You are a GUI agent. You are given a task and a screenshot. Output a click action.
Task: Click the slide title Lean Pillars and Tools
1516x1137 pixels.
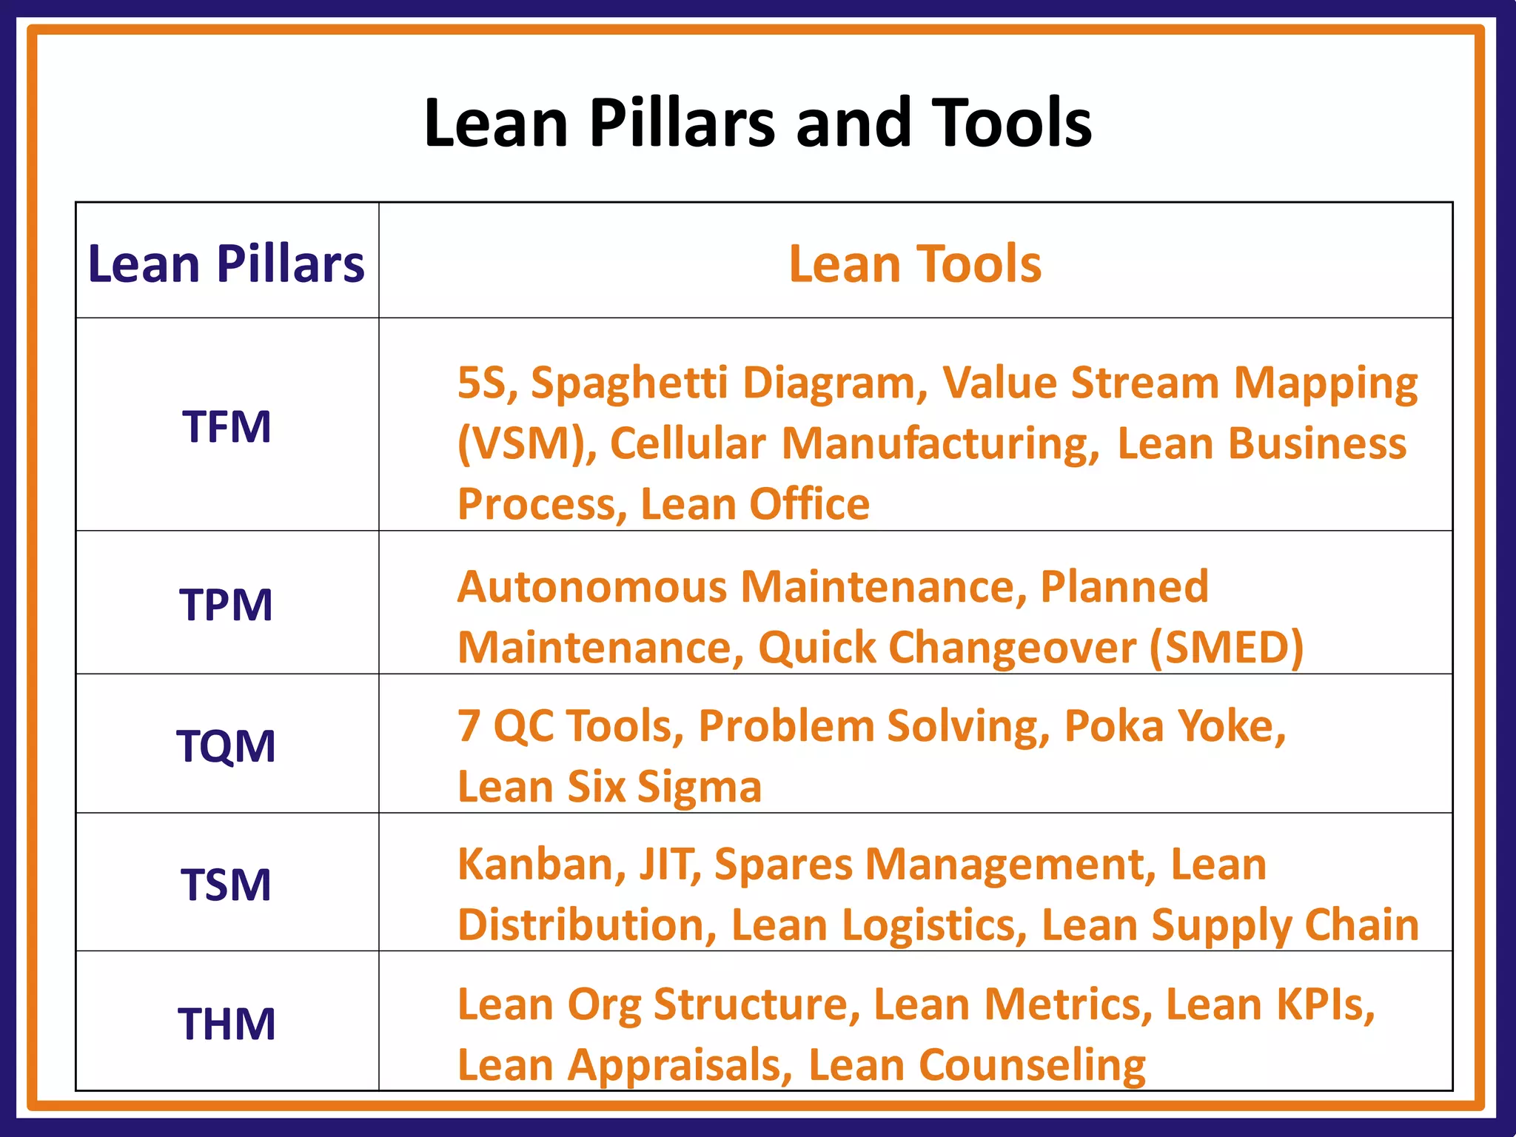pos(757,123)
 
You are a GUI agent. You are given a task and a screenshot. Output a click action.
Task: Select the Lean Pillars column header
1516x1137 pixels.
pos(226,264)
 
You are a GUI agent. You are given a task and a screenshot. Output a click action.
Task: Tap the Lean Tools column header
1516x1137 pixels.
pos(915,264)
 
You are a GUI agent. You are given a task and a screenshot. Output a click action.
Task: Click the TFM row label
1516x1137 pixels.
pos(227,427)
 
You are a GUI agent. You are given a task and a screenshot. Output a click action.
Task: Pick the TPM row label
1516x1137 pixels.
pos(226,605)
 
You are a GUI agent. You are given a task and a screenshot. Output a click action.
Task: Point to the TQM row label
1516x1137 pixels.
pos(226,745)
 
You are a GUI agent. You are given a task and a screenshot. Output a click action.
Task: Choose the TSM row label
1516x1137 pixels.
pos(226,885)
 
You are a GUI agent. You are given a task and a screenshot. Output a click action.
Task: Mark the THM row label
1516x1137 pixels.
pos(226,1024)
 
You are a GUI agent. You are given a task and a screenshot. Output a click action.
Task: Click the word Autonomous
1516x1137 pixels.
pos(592,587)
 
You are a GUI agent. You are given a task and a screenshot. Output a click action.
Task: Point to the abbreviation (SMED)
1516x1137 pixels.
pos(1227,648)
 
